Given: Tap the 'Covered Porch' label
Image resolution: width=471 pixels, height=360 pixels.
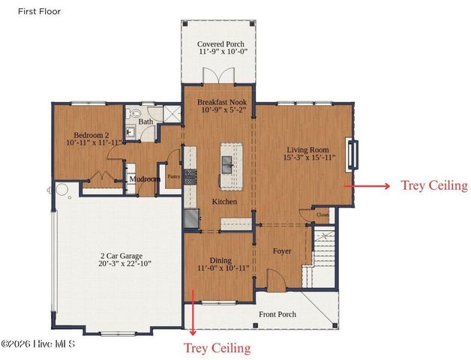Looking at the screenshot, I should pyautogui.click(x=220, y=44).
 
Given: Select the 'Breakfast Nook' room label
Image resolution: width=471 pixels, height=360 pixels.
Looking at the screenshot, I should pyautogui.click(x=221, y=100).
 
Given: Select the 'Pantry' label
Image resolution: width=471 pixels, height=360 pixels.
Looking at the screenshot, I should pyautogui.click(x=173, y=178).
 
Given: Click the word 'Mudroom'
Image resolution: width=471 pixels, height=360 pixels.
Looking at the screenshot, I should pyautogui.click(x=145, y=179).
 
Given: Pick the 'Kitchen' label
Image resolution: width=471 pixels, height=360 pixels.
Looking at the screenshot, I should pyautogui.click(x=224, y=202).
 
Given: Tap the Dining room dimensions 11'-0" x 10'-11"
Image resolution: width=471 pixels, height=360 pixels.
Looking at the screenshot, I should pyautogui.click(x=223, y=268).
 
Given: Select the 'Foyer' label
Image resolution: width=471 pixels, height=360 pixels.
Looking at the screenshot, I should pyautogui.click(x=282, y=251).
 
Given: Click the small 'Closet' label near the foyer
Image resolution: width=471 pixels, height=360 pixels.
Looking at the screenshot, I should pyautogui.click(x=323, y=214).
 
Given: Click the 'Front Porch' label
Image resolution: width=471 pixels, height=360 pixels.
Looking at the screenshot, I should pyautogui.click(x=277, y=314).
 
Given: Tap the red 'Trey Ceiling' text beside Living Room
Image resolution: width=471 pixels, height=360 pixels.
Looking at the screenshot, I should pyautogui.click(x=433, y=185).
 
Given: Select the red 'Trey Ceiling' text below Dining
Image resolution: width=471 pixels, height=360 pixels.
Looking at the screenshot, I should pyautogui.click(x=217, y=348).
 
